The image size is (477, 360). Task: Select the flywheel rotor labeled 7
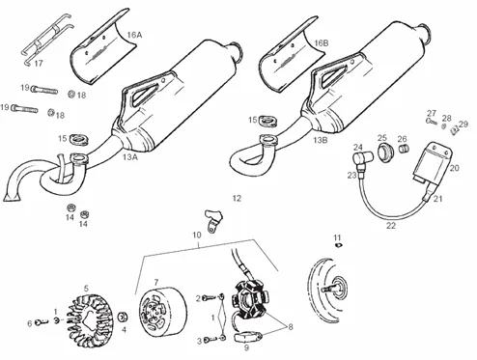tap(162, 311)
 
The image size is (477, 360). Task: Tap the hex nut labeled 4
tap(123, 317)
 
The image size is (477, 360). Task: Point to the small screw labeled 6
tap(41, 321)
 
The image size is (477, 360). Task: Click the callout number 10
tap(197, 235)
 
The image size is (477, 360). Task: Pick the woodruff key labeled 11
tap(338, 246)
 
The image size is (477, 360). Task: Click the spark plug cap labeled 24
tap(362, 158)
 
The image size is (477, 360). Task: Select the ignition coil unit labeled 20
tap(433, 164)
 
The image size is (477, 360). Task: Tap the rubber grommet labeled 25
tap(385, 153)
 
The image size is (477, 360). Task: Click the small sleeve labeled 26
tap(405, 150)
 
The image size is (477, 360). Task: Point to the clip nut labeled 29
tap(454, 129)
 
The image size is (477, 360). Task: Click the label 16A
tap(134, 35)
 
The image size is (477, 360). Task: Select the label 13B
tap(321, 140)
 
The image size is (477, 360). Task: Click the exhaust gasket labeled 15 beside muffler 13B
tap(267, 122)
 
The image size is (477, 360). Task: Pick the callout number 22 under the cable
tap(390, 226)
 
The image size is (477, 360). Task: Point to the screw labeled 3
tap(210, 339)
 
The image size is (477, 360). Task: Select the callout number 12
tap(237, 199)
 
